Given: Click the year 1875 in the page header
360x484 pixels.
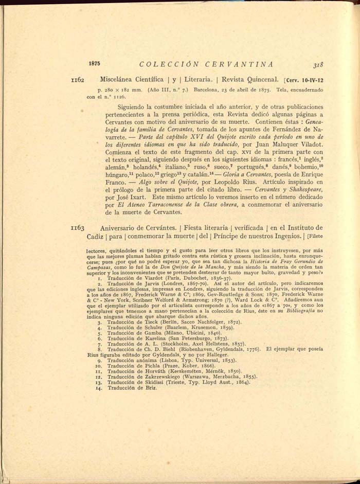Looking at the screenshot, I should point(95,64).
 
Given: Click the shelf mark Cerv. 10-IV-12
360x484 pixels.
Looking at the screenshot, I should point(305,81).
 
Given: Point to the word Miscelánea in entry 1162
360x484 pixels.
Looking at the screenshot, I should point(118,80).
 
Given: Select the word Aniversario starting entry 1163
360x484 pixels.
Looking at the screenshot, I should point(122,227).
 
